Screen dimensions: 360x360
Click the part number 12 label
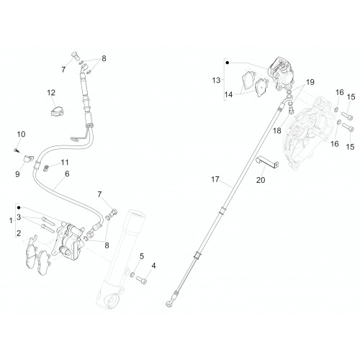point(51,93)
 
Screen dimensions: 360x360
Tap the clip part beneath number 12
point(58,111)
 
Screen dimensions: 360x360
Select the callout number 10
point(21,134)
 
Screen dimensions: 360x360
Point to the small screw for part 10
point(16,150)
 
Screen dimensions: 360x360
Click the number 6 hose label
point(67,174)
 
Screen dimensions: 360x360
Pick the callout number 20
point(261,180)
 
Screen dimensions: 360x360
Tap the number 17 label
point(215,179)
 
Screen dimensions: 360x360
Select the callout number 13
point(216,80)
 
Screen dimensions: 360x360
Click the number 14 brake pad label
point(228,94)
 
